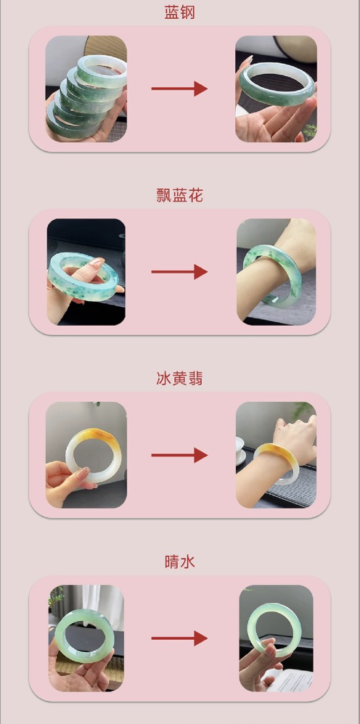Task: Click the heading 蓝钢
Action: [x=180, y=12]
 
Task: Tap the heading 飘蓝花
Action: [x=180, y=195]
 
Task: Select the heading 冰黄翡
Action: [x=180, y=379]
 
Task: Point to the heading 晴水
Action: [x=180, y=562]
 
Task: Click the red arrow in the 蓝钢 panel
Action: [x=179, y=89]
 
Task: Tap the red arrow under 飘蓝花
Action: [x=179, y=272]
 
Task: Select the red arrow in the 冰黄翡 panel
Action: [x=179, y=456]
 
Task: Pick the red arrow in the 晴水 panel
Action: [x=179, y=638]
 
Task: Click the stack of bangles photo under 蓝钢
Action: [x=86, y=89]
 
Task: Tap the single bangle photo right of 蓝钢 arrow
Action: [x=276, y=89]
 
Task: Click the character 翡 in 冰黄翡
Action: [x=195, y=379]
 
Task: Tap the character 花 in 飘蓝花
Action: [x=195, y=195]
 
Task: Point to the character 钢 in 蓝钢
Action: [x=188, y=12]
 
